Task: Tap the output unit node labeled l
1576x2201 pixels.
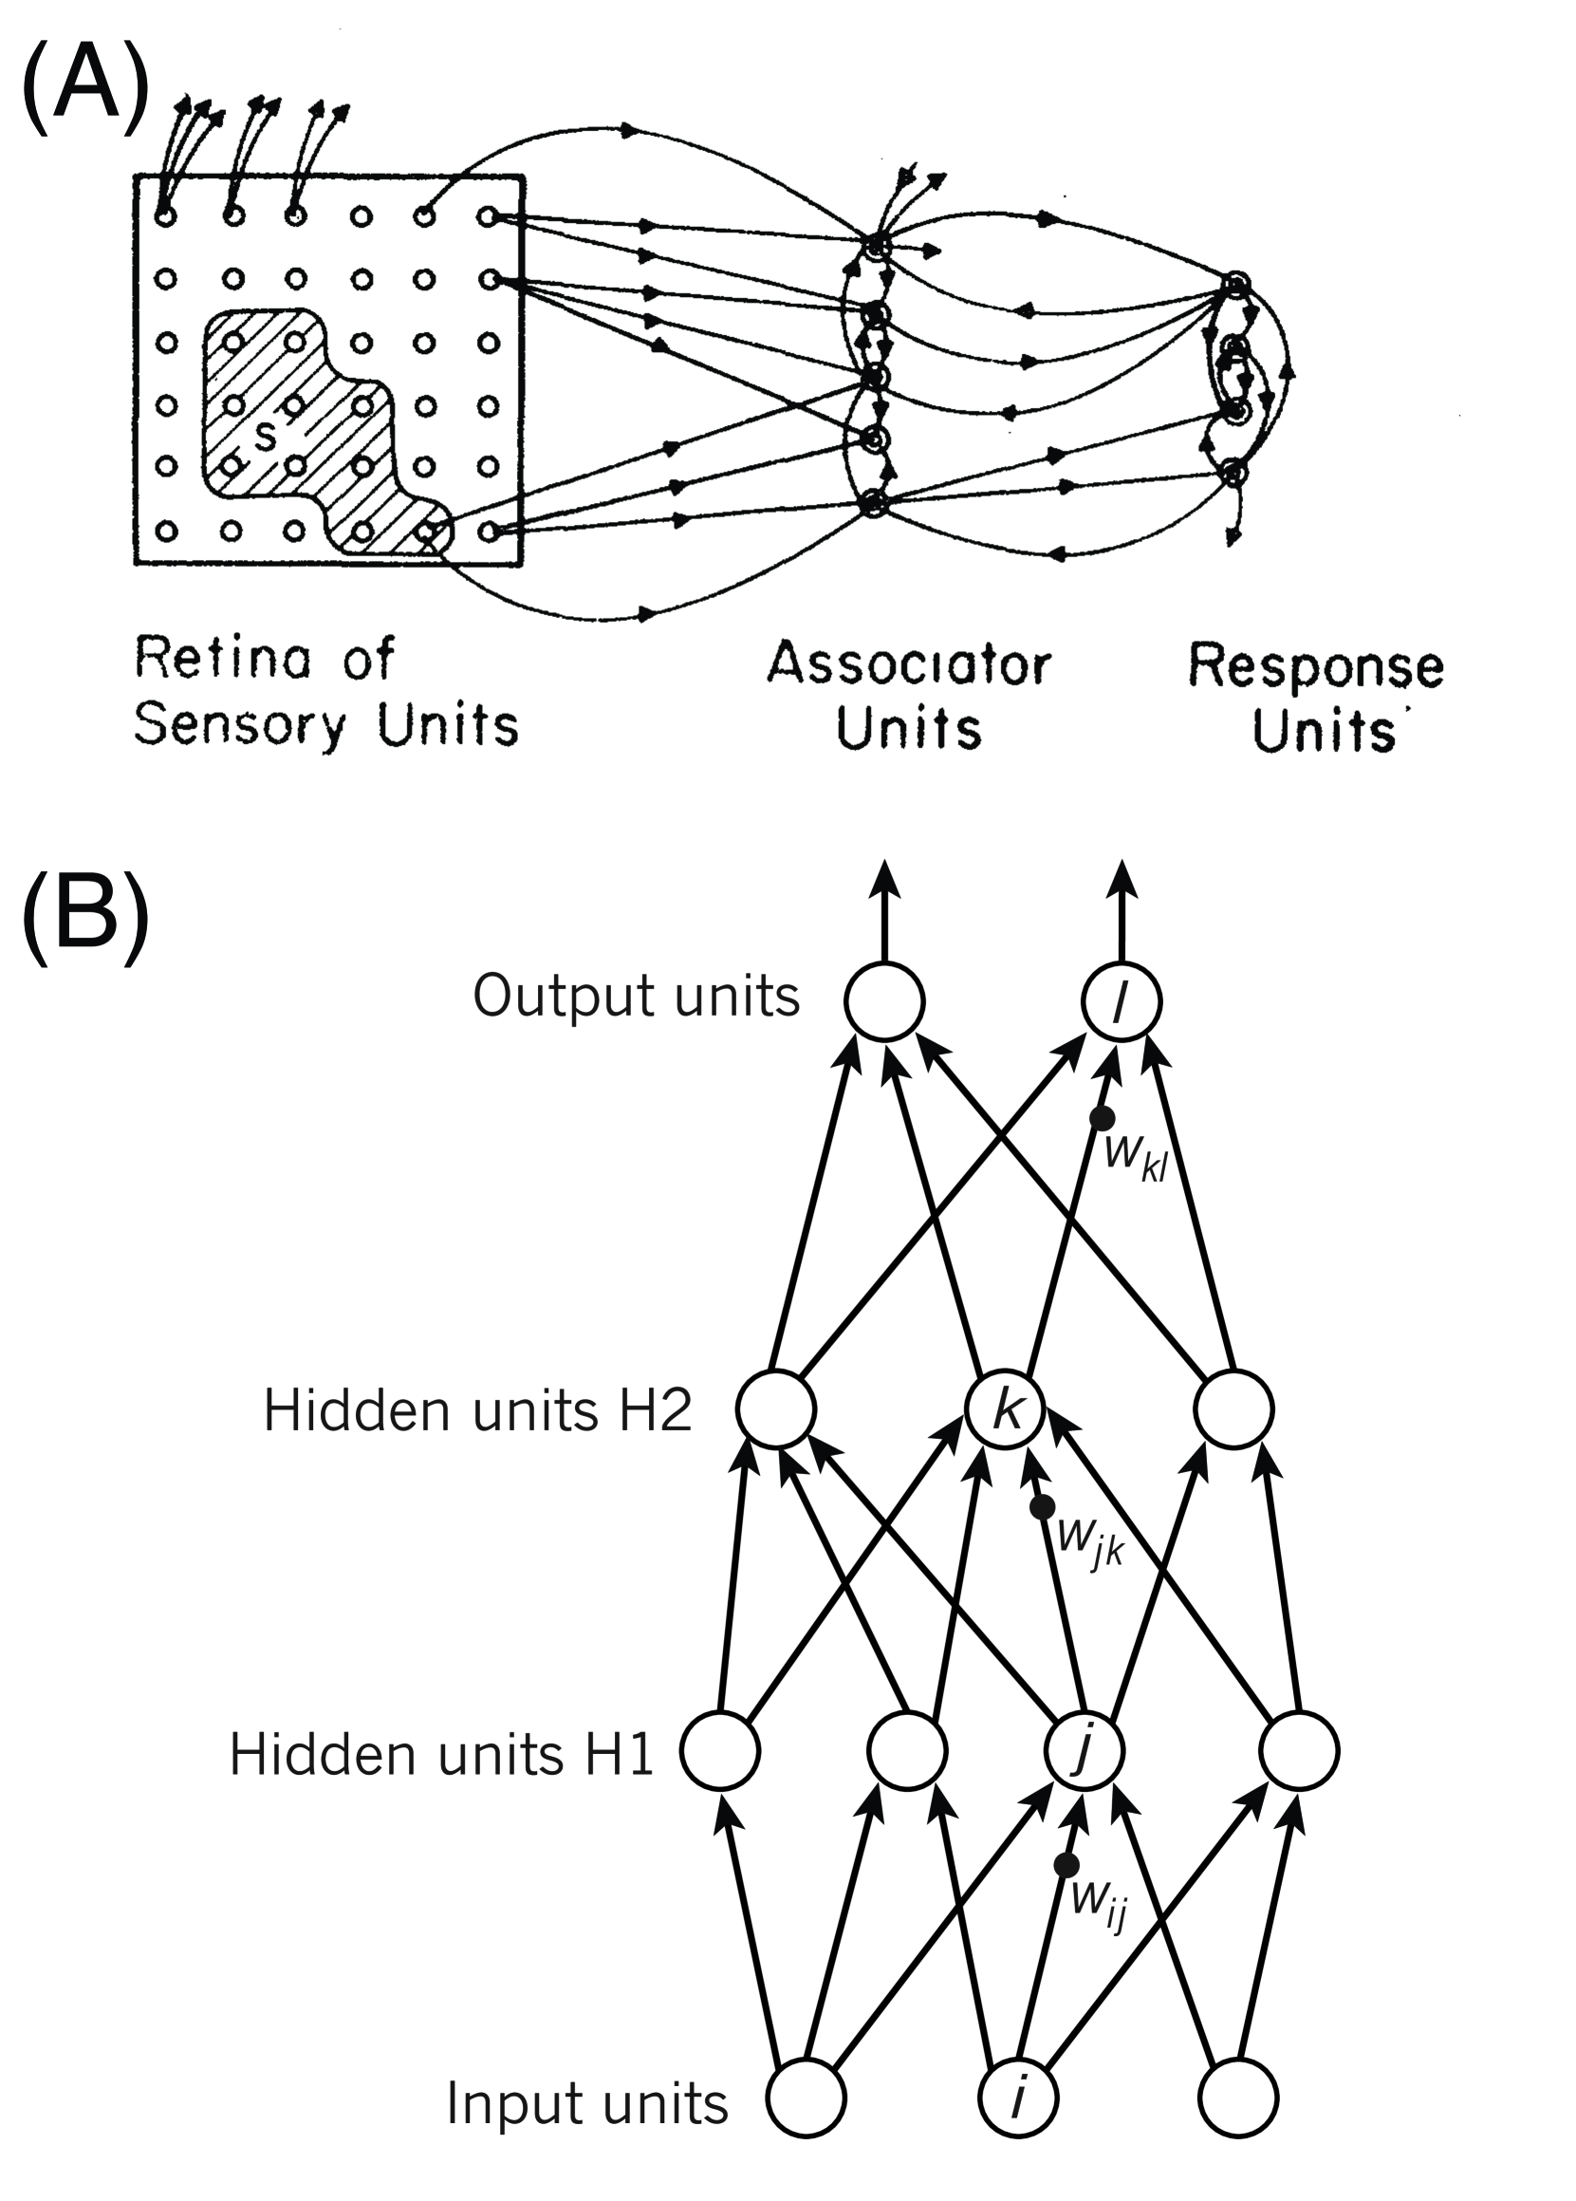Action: point(1121,1002)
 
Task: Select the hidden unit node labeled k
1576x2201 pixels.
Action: point(1006,1410)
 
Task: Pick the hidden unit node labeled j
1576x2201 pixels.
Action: point(1084,1752)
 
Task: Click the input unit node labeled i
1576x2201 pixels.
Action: point(1018,2099)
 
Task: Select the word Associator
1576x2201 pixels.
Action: point(908,665)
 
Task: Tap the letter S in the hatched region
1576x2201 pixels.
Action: point(264,438)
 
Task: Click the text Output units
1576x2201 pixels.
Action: point(636,997)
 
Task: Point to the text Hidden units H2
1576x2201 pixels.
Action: point(476,1411)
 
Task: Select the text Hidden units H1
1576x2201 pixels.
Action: point(441,1755)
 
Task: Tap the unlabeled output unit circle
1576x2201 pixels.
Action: point(884,1002)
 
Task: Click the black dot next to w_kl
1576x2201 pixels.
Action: point(1102,1118)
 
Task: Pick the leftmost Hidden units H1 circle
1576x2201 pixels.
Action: point(719,1752)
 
